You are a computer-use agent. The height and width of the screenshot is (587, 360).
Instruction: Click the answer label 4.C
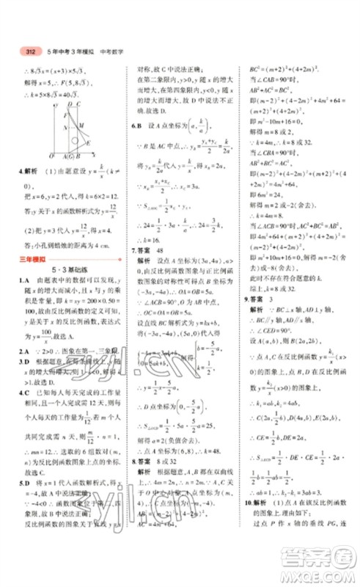click(24, 392)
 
